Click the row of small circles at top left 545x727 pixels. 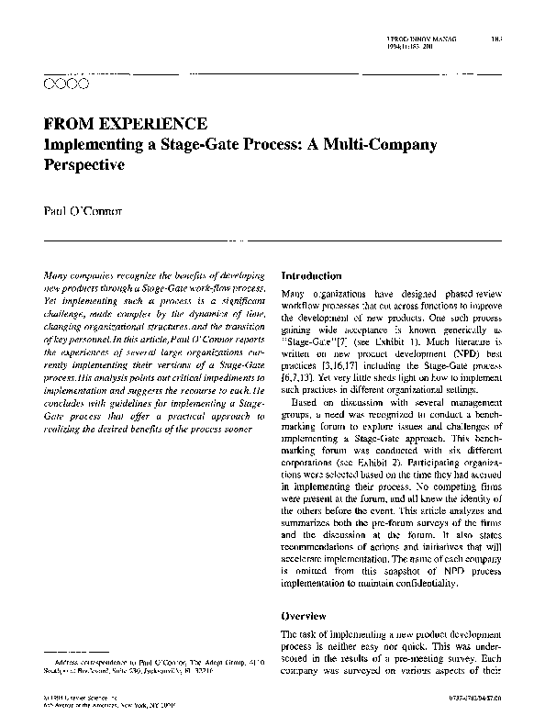point(65,84)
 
